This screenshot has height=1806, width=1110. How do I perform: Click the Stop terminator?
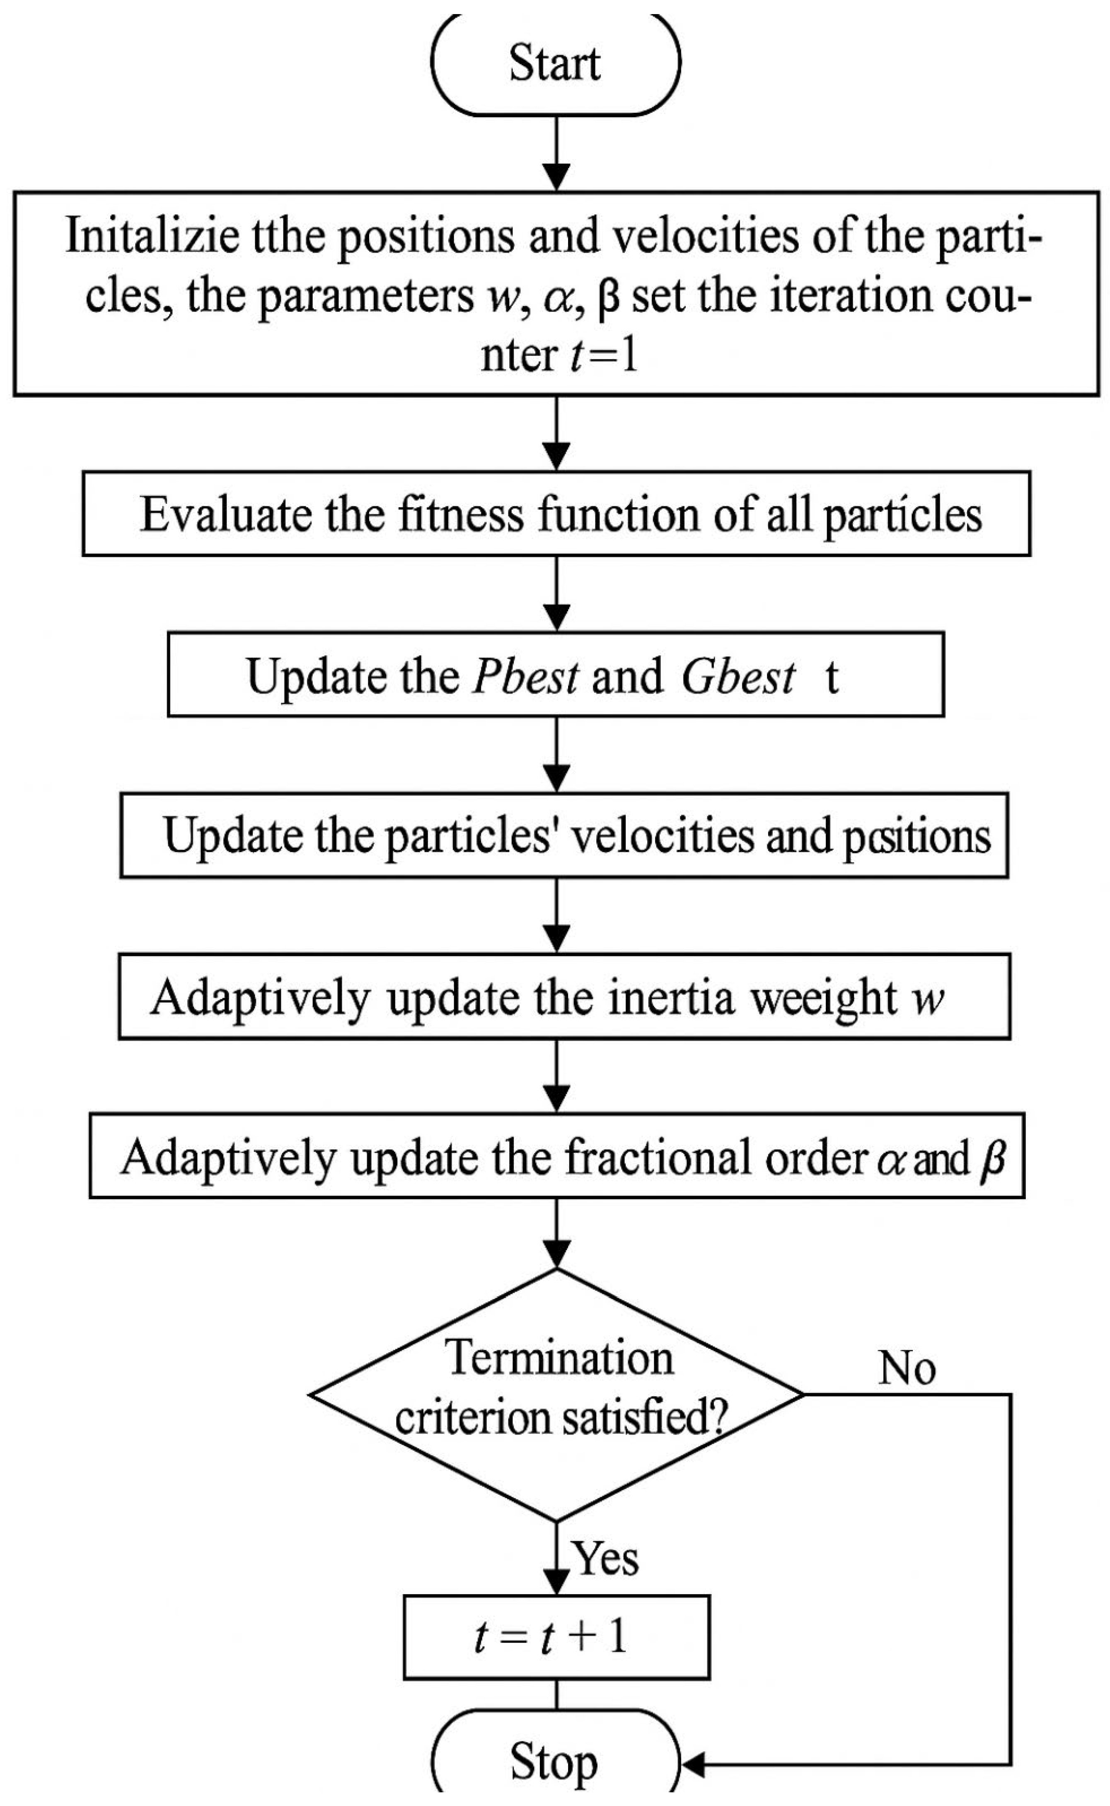(x=555, y=1762)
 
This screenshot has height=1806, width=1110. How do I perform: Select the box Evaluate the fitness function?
(x=556, y=514)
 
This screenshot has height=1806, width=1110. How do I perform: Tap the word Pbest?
(x=526, y=675)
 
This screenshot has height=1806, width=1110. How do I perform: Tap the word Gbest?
(x=738, y=675)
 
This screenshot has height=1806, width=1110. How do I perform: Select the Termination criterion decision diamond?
(x=556, y=1395)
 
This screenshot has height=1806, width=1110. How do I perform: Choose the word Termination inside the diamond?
(x=559, y=1358)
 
